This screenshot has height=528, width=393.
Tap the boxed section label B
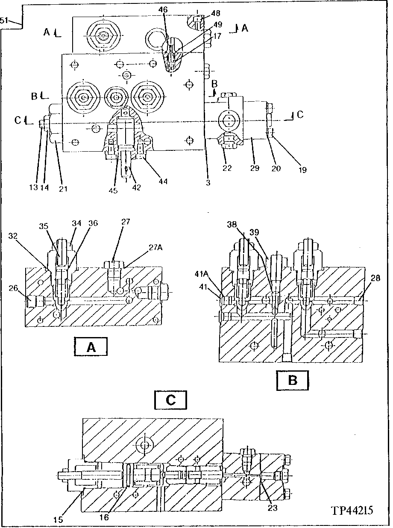tap(293, 381)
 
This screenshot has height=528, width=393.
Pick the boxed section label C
tap(171, 400)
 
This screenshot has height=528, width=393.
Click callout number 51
tap(4, 21)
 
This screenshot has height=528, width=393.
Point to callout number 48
tap(215, 13)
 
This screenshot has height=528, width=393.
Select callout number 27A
tap(155, 248)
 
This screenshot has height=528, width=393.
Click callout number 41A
tap(201, 274)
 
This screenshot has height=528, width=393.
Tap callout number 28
tap(375, 278)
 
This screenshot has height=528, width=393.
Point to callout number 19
tap(302, 170)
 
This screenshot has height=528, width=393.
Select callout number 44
tap(163, 182)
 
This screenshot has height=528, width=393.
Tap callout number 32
tap(13, 236)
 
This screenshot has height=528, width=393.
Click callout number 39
tap(254, 232)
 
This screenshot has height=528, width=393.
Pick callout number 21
tap(63, 189)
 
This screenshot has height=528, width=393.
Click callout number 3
tap(208, 183)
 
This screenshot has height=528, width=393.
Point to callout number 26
tap(13, 288)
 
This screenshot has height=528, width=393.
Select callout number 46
tap(163, 9)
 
